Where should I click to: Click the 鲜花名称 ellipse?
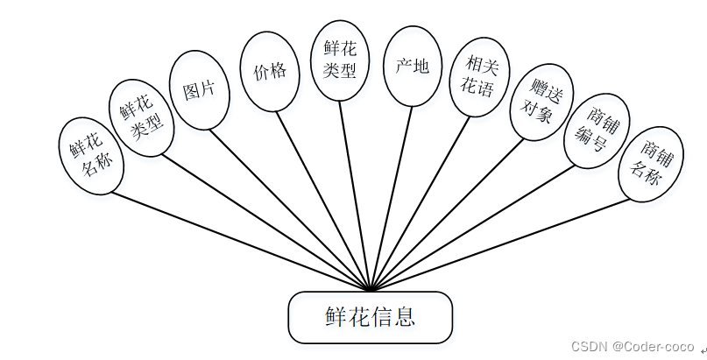coord(91,156)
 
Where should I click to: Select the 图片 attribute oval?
coord(200,89)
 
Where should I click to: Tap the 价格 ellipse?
coord(269,72)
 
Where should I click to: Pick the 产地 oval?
coord(412,66)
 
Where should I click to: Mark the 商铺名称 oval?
coord(650,165)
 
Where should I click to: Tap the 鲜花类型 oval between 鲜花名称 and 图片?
coord(141,119)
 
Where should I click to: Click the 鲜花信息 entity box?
coord(371,317)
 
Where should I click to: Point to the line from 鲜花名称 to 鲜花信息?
coord(237,239)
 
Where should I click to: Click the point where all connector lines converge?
coord(371,289)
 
